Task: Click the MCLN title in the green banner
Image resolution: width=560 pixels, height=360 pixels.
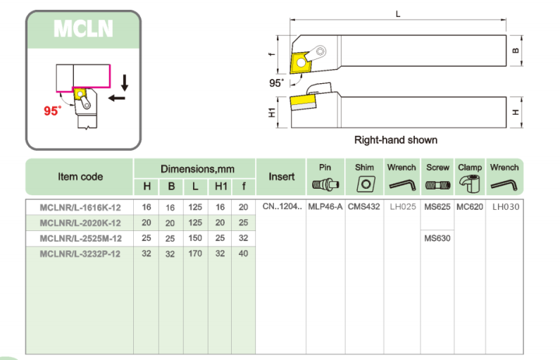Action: [x=83, y=30]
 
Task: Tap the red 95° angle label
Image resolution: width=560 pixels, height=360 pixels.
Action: [x=53, y=111]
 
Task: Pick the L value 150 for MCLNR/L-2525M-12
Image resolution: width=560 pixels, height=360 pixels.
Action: [x=195, y=238]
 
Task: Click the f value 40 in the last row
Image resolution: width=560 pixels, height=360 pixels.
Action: [x=244, y=254]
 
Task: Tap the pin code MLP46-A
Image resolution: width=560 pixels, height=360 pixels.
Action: [x=325, y=207]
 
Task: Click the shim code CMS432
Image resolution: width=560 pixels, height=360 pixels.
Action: [x=364, y=207]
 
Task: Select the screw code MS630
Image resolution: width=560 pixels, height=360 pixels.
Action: [x=437, y=238]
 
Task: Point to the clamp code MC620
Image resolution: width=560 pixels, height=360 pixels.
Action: [x=470, y=207]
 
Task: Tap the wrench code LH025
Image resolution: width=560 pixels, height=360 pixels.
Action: [x=402, y=207]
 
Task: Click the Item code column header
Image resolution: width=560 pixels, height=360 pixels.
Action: [x=80, y=177]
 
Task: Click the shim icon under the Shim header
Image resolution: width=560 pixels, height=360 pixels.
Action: [x=364, y=185]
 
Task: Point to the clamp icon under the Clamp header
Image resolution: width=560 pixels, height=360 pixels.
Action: [x=470, y=185]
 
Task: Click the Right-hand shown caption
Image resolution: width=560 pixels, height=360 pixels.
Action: [x=395, y=139]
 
